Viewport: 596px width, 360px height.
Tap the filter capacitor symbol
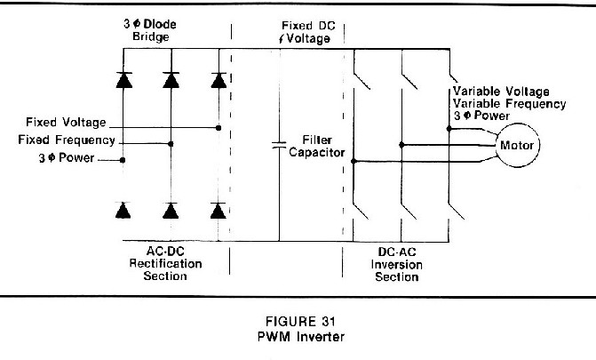point(279,145)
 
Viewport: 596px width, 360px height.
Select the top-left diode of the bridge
point(124,80)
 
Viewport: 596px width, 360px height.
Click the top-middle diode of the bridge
point(171,80)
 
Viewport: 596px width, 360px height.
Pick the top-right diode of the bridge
point(219,80)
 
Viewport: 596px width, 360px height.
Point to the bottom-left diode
point(123,211)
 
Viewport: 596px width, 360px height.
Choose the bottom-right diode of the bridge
point(219,211)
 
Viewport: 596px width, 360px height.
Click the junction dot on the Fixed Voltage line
point(219,128)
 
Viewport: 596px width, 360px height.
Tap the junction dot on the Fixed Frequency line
point(171,144)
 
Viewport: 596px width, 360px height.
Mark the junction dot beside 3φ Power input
point(123,160)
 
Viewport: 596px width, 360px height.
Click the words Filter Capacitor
point(316,146)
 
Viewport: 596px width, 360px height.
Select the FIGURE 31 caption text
point(300,322)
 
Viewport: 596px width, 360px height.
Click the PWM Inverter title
point(301,337)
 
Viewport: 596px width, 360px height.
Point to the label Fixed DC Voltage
point(306,32)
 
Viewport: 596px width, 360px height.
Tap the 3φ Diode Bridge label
point(150,30)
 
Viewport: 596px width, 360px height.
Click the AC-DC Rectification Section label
point(165,263)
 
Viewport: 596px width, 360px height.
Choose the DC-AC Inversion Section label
point(396,264)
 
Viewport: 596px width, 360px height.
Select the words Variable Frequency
point(509,103)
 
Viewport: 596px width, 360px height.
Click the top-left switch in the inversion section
point(362,80)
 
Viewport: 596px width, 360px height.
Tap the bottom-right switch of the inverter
point(457,211)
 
